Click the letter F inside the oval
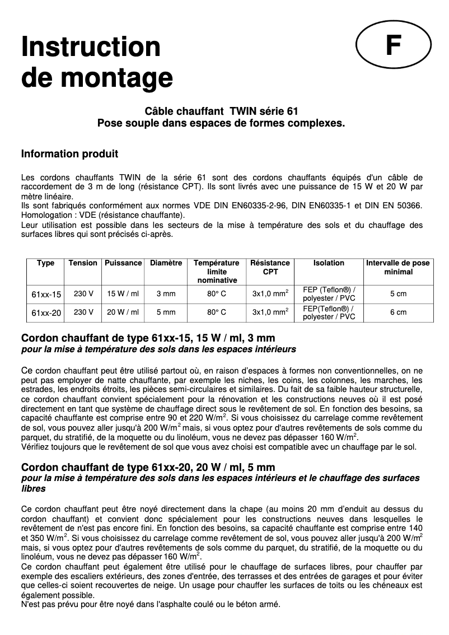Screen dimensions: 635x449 [394, 47]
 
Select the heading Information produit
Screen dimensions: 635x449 [69, 153]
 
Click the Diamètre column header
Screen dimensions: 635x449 [166, 263]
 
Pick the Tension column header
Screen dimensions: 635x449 [83, 263]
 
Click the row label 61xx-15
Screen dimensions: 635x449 [46, 294]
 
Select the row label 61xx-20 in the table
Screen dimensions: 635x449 [46, 312]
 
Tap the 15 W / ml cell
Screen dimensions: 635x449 [123, 294]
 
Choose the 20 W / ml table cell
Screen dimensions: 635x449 [123, 312]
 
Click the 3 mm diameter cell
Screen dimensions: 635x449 [166, 294]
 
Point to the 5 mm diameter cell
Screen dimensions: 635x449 [166, 312]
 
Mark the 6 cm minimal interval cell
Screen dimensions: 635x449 [398, 312]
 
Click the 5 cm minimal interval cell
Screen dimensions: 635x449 [398, 294]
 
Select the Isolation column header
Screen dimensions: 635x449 [329, 263]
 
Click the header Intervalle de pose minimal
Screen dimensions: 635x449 [398, 267]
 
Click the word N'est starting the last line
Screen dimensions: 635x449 [31, 605]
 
